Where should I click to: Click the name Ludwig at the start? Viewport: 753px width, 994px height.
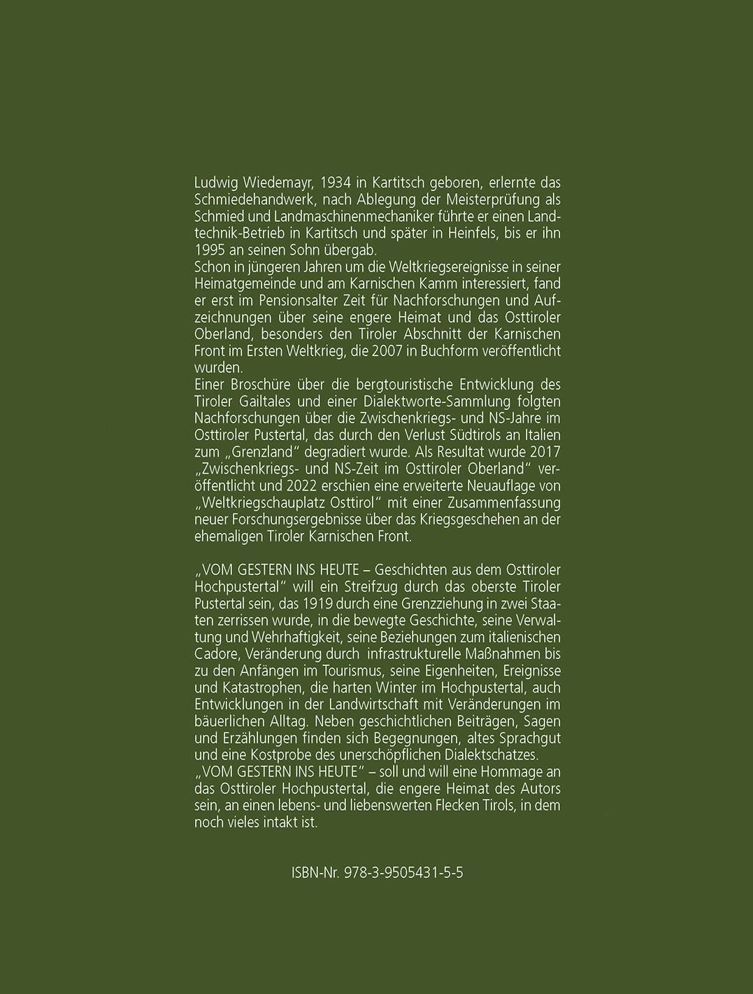tap(214, 183)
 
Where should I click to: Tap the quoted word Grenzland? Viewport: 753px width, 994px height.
tap(270, 451)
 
